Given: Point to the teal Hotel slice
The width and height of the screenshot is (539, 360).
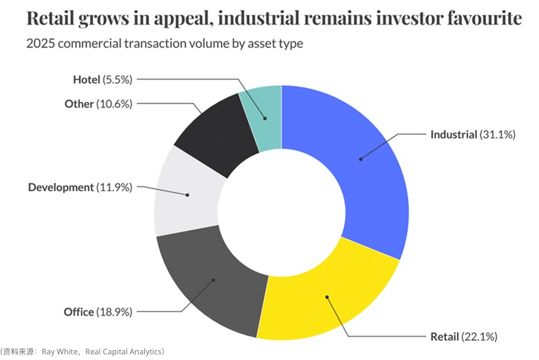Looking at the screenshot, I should (263, 116).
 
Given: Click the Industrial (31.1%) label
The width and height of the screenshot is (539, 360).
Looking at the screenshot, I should (473, 134).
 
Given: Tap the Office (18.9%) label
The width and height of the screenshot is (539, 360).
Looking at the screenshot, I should (98, 311).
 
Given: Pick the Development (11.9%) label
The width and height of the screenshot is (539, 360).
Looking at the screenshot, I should (80, 187).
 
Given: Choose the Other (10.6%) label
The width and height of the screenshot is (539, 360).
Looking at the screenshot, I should (98, 103).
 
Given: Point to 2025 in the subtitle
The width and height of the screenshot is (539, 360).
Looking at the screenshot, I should (39, 44).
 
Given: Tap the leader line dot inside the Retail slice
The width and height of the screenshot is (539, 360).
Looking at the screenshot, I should (326, 297).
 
